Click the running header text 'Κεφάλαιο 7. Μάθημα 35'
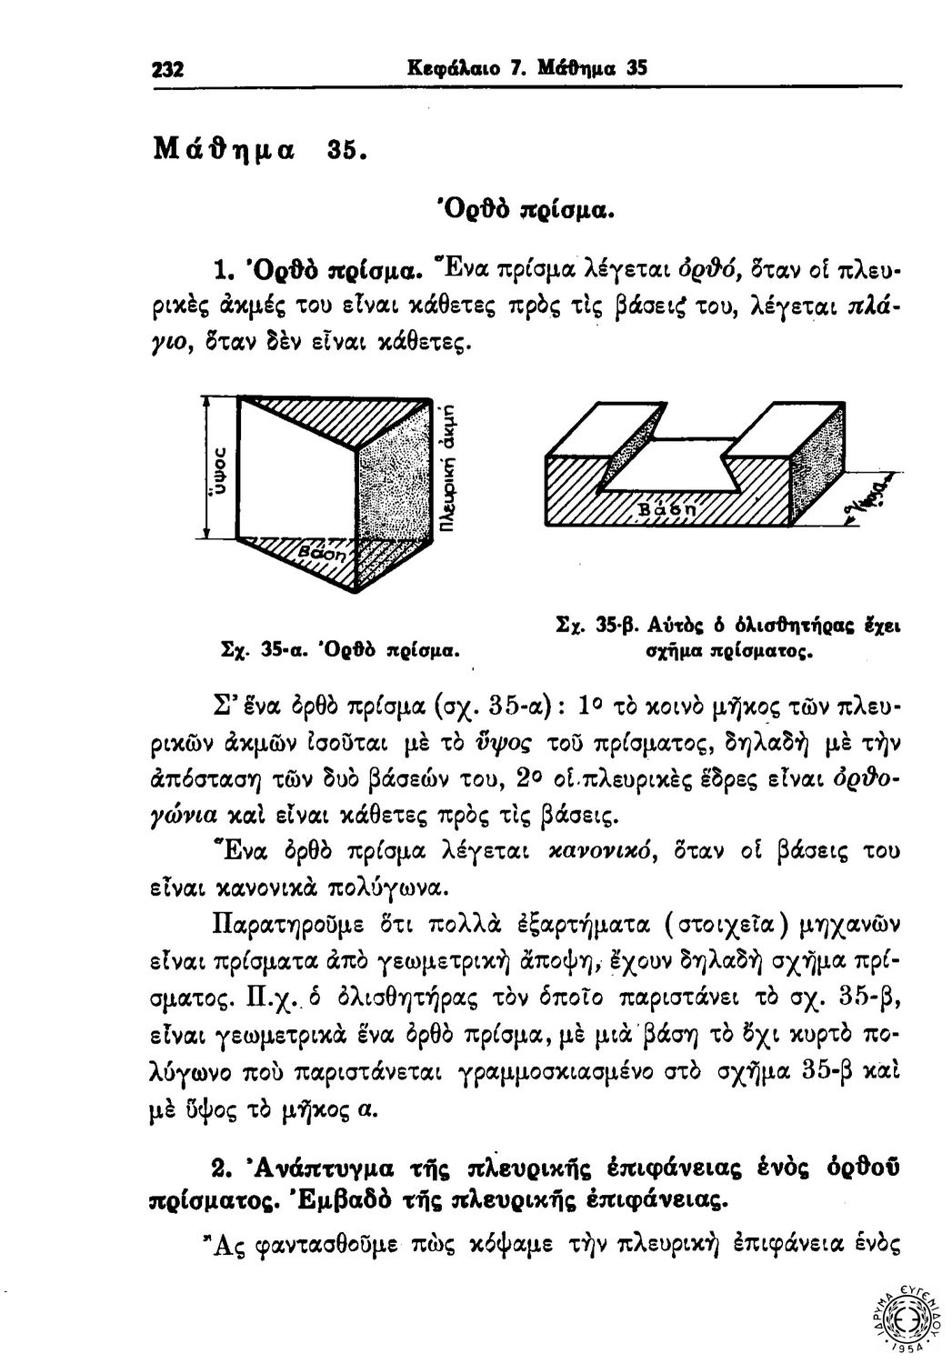(x=528, y=68)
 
